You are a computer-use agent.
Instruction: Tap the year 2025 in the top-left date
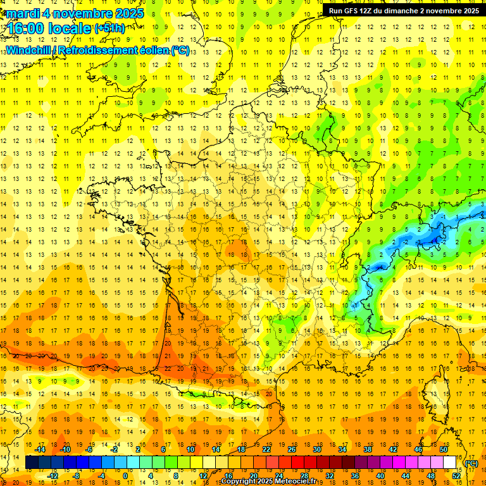pyautogui.click(x=127, y=13)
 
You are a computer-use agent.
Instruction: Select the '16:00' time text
pyautogui.click(x=27, y=28)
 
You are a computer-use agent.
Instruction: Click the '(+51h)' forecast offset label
pyautogui.click(x=109, y=28)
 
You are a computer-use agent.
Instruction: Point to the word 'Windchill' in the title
pyautogui.click(x=28, y=50)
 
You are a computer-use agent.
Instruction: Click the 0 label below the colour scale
pyautogui.click(x=126, y=476)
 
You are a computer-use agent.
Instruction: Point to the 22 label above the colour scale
pyautogui.click(x=266, y=449)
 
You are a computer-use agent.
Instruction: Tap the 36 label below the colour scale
pyautogui.click(x=354, y=476)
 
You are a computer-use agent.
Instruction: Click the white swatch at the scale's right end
pyautogui.click(x=450, y=463)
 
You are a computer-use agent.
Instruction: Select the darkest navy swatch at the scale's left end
pyautogui.click(x=32, y=463)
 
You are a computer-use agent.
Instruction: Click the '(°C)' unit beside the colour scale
pyautogui.click(x=471, y=463)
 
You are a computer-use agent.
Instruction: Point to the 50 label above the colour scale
pyautogui.click(x=444, y=449)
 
